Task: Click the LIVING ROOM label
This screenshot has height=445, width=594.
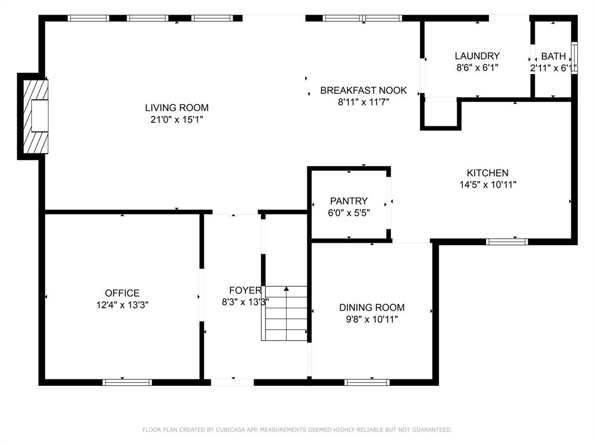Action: [176, 108]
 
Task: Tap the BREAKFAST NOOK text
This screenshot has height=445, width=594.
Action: [363, 90]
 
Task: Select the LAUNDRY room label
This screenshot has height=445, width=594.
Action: [477, 56]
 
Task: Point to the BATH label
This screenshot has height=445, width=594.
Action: [553, 56]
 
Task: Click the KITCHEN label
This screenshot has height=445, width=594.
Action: [487, 173]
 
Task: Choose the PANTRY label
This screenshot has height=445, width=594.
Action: [349, 201]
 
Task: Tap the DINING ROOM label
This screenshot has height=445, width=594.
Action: [372, 307]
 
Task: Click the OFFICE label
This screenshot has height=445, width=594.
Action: [122, 293]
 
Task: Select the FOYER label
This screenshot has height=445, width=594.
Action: [245, 290]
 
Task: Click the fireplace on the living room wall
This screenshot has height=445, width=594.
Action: [35, 116]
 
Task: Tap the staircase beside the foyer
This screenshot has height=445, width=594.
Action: [284, 313]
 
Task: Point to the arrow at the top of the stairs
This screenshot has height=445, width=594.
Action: [287, 289]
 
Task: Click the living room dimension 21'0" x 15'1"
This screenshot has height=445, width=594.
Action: [176, 119]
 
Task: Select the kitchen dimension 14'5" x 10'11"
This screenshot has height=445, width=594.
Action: [487, 185]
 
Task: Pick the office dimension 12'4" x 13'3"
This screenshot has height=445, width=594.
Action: [122, 305]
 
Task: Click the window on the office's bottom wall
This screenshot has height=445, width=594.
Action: [127, 382]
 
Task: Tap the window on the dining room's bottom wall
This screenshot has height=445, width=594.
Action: [367, 382]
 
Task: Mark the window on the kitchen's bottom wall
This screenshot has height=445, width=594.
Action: [507, 242]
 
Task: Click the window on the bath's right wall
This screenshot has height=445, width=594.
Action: [574, 58]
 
